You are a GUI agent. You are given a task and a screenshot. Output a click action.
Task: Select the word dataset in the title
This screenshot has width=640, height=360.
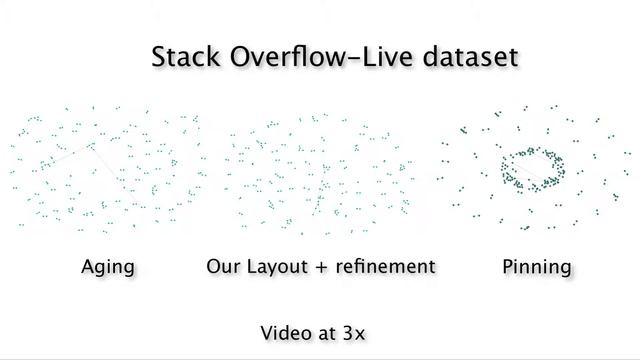[x=471, y=56]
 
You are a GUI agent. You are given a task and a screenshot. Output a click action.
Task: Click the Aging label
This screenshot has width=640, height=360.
[x=107, y=267]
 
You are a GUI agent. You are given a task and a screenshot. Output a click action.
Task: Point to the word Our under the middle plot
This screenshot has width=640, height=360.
[x=223, y=266]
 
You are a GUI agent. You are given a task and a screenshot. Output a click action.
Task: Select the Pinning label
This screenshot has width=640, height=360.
[x=537, y=267]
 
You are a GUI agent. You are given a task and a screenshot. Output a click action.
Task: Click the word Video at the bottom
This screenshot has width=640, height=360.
[x=284, y=331]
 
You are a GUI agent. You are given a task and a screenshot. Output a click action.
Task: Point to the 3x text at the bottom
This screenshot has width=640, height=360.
[x=361, y=331]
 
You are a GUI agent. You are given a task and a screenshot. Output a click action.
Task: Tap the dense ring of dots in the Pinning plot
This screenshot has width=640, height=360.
[x=533, y=168]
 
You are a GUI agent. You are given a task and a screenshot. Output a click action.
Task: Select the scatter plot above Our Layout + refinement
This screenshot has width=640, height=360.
[x=319, y=170]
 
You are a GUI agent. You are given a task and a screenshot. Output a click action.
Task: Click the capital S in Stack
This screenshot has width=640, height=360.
[x=160, y=56]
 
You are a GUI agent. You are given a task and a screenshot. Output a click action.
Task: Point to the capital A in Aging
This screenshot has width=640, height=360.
[x=88, y=266]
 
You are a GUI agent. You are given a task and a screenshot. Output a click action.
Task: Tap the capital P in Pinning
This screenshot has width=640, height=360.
[x=507, y=266]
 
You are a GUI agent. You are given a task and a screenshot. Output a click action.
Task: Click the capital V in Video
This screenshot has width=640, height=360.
[x=267, y=331]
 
